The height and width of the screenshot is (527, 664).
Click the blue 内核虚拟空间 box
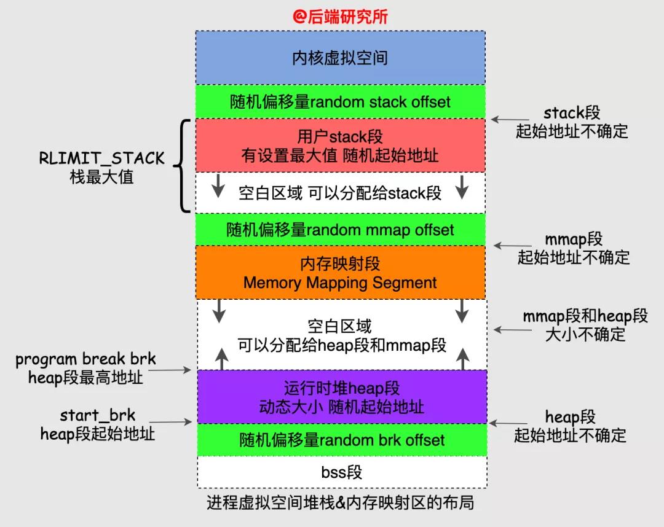point(340,58)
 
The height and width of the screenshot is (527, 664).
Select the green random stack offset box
point(340,101)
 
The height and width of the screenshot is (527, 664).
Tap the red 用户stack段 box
point(340,146)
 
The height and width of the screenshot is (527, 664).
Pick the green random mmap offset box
point(340,230)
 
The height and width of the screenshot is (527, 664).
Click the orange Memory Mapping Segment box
point(340,273)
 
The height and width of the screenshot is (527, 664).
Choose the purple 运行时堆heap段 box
point(340,397)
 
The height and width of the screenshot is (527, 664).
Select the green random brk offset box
point(340,440)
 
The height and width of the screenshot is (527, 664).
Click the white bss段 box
point(340,472)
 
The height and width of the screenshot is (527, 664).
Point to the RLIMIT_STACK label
point(102,158)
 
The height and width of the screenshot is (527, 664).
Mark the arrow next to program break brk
point(175,370)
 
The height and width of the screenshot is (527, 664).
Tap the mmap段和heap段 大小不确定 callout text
point(585,325)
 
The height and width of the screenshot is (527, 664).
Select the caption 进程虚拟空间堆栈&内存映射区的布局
point(340,502)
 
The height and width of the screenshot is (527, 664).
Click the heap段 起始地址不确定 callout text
point(570,426)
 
